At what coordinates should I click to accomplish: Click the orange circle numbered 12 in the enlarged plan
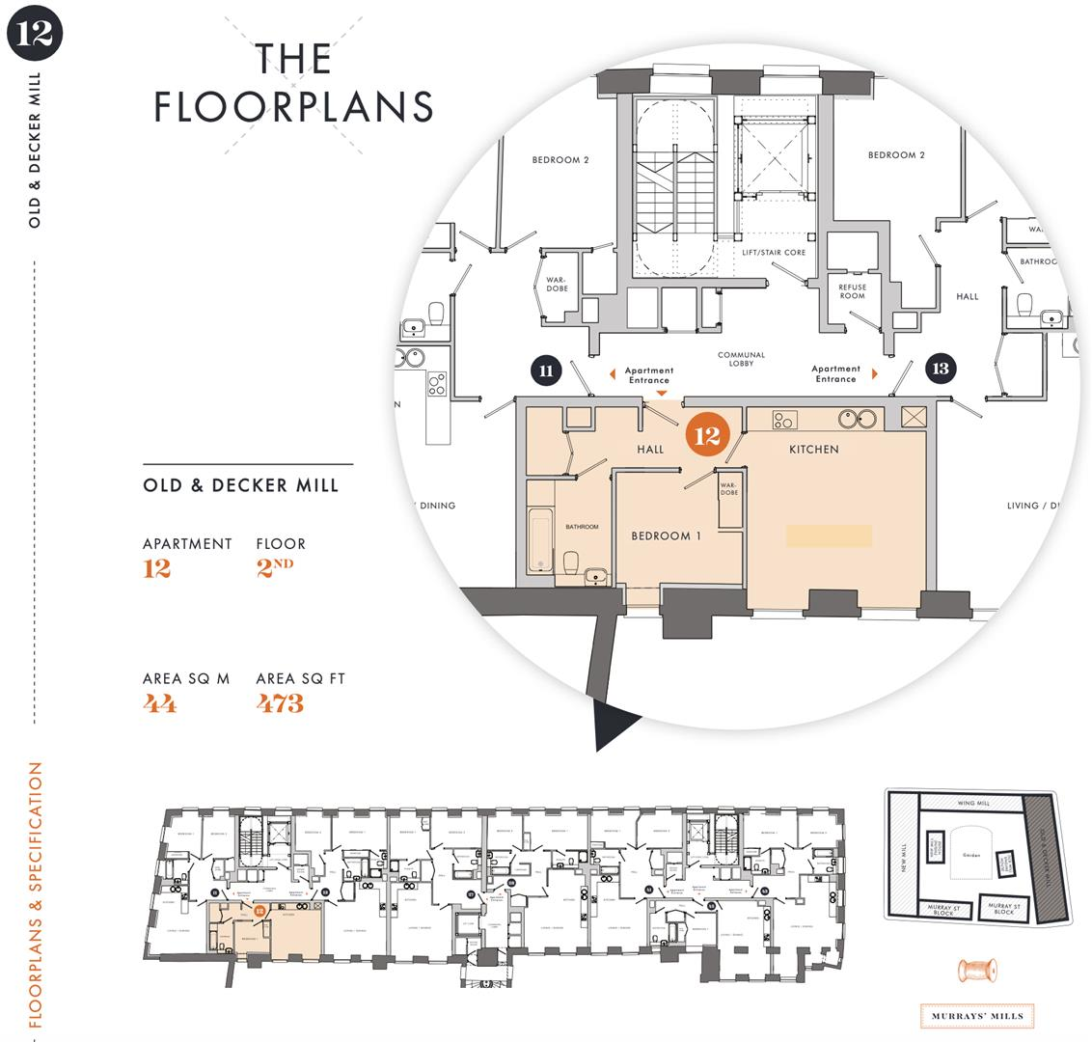point(707,435)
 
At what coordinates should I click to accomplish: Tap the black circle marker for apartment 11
point(546,370)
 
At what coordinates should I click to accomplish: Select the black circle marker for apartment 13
point(940,368)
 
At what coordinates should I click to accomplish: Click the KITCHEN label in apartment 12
point(813,450)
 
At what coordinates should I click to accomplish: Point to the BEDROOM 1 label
point(666,535)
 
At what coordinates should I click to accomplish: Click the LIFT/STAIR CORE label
point(773,253)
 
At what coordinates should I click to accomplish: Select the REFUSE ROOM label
point(852,291)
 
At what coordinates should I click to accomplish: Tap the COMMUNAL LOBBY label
point(741,360)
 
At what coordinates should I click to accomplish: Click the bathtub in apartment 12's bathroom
point(540,539)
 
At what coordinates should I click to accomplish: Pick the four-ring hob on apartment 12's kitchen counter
point(784,420)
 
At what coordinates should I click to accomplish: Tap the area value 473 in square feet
point(280,704)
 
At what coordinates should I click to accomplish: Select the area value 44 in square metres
point(160,704)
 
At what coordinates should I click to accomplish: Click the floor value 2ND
point(275,568)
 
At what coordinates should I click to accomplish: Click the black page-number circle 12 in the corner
point(35,34)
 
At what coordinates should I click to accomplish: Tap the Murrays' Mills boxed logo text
point(977,1016)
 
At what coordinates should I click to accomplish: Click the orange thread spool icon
point(977,971)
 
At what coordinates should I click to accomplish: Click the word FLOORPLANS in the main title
point(293,107)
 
